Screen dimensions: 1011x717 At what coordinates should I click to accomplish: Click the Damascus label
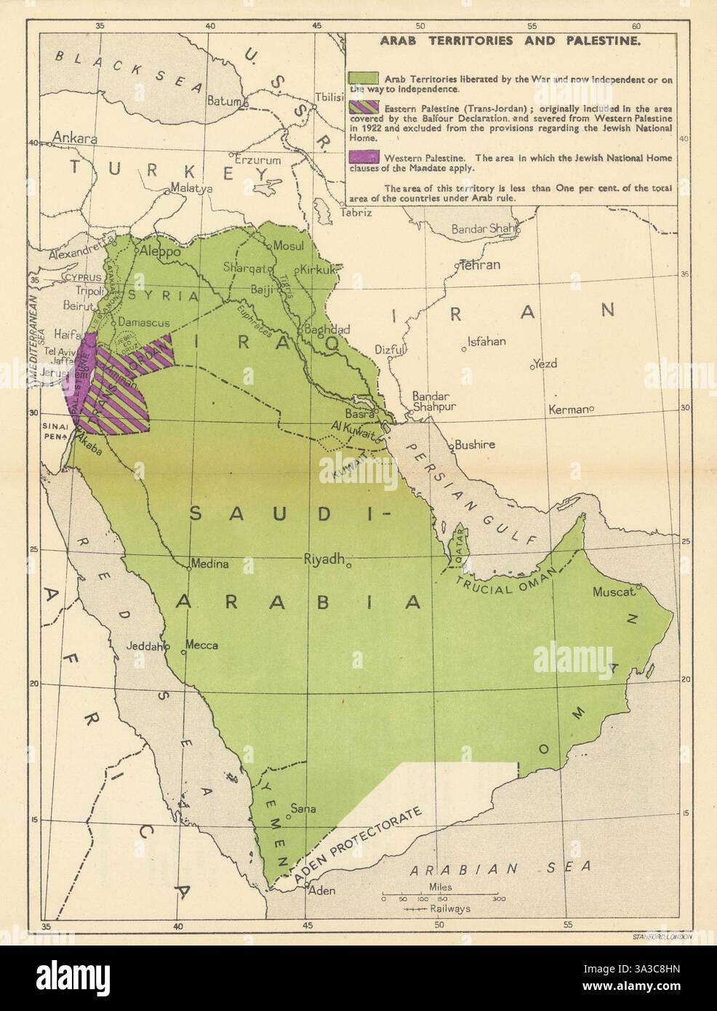pos(144,321)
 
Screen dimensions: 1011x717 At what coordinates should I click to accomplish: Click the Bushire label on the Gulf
pos(474,444)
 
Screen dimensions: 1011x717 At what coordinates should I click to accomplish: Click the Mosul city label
pos(287,245)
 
